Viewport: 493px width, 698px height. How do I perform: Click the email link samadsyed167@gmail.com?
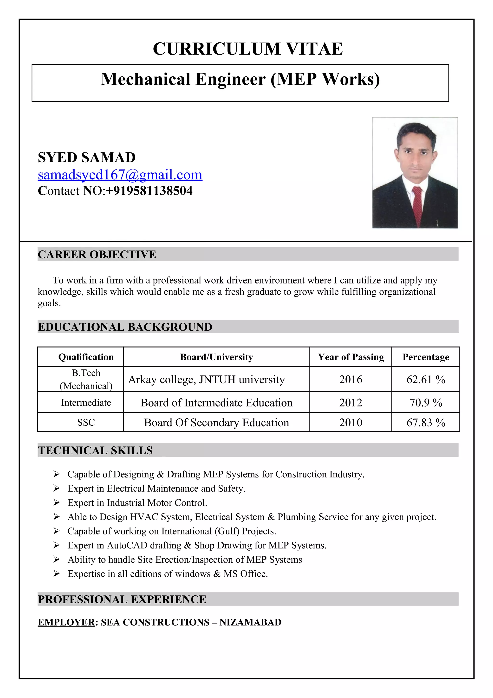[x=120, y=175]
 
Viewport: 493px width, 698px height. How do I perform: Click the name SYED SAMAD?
[x=87, y=158]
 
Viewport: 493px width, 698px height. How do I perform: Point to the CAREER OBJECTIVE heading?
[x=97, y=254]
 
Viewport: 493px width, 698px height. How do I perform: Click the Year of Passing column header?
[x=351, y=357]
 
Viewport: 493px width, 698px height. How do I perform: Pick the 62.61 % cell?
[x=426, y=379]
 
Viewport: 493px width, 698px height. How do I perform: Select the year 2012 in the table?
[x=350, y=402]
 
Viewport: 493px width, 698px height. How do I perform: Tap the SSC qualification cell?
[x=86, y=422]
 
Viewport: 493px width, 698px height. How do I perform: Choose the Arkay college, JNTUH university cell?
[x=207, y=379]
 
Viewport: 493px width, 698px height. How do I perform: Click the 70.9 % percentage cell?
[x=426, y=402]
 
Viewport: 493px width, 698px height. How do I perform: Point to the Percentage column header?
[x=426, y=357]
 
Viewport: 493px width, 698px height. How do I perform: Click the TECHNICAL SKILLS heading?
[x=95, y=450]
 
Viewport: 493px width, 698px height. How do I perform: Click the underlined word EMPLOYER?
[x=66, y=622]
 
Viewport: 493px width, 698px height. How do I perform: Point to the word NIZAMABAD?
[x=250, y=622]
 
